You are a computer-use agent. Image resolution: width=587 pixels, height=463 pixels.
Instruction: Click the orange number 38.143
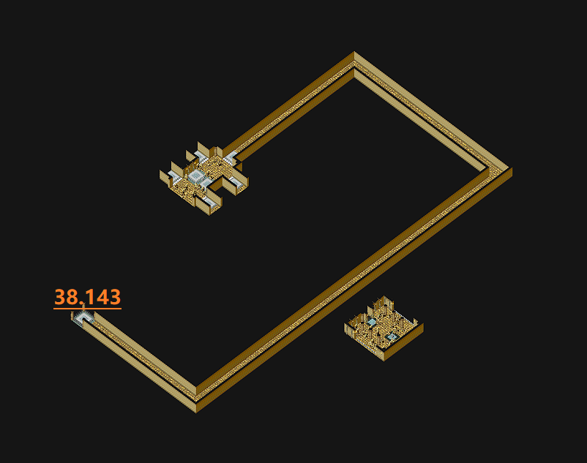(88, 297)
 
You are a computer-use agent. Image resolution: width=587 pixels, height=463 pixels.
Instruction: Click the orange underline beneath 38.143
(88, 309)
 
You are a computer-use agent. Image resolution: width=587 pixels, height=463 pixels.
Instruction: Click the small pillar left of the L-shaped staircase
(72, 315)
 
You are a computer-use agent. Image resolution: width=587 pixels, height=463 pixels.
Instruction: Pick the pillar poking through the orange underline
(83, 306)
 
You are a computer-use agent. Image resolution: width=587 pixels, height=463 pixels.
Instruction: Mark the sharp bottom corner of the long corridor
(196, 412)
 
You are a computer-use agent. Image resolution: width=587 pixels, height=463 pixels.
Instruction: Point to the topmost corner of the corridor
(354, 52)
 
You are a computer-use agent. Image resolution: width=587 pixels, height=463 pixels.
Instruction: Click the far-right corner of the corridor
(512, 169)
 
